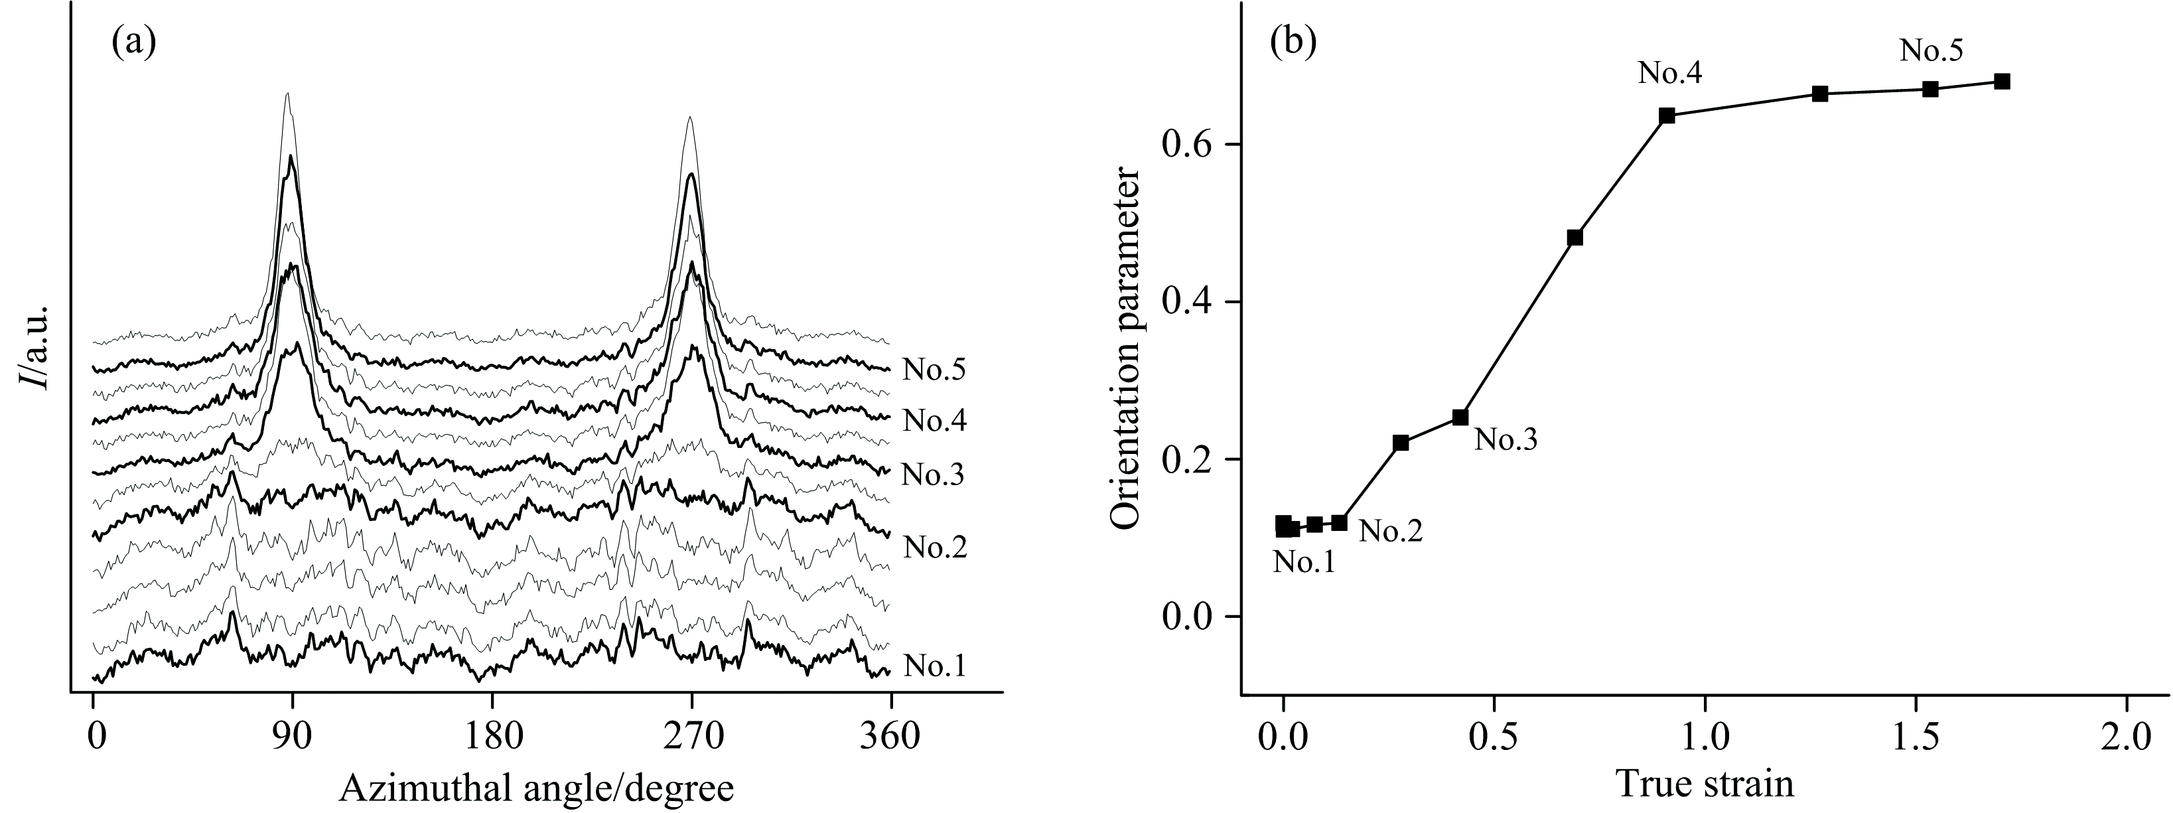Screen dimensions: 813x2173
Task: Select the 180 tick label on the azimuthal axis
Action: pos(492,737)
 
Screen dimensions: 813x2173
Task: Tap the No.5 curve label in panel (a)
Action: pos(934,370)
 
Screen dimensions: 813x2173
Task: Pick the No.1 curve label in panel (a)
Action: pos(934,666)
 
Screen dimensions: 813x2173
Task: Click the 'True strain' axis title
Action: pos(1704,784)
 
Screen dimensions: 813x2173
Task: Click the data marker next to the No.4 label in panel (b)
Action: pos(1667,115)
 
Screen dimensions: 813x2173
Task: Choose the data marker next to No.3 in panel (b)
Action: pos(1460,417)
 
